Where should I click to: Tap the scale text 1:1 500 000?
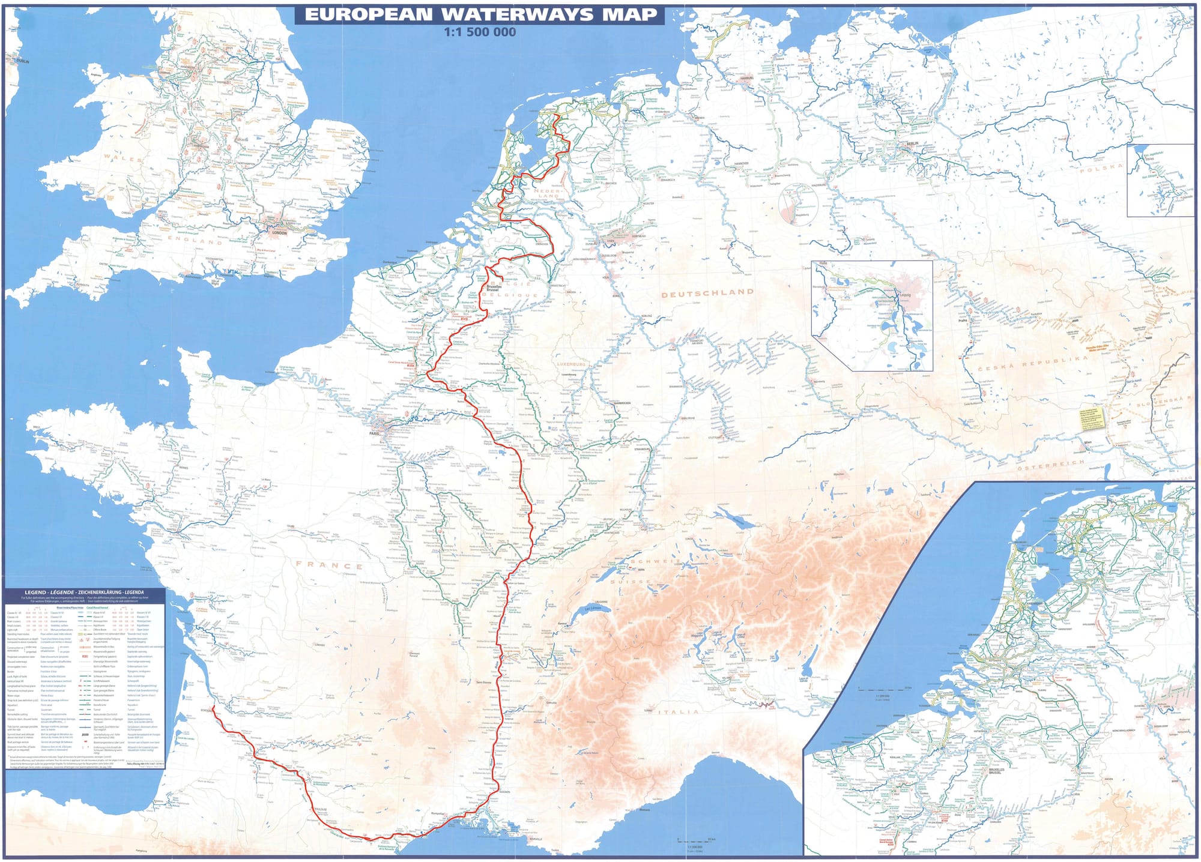click(x=480, y=32)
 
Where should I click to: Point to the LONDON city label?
click(x=279, y=233)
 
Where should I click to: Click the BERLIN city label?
click(x=912, y=143)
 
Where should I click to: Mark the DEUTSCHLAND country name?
click(x=707, y=293)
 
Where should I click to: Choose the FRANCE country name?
click(x=329, y=565)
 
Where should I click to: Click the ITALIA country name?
click(x=679, y=712)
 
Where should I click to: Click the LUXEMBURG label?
click(x=570, y=364)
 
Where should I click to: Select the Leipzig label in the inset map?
click(x=905, y=295)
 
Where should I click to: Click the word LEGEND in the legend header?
click(x=35, y=592)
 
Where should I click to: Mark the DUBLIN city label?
click(x=23, y=61)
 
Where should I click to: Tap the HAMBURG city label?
click(x=746, y=78)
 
